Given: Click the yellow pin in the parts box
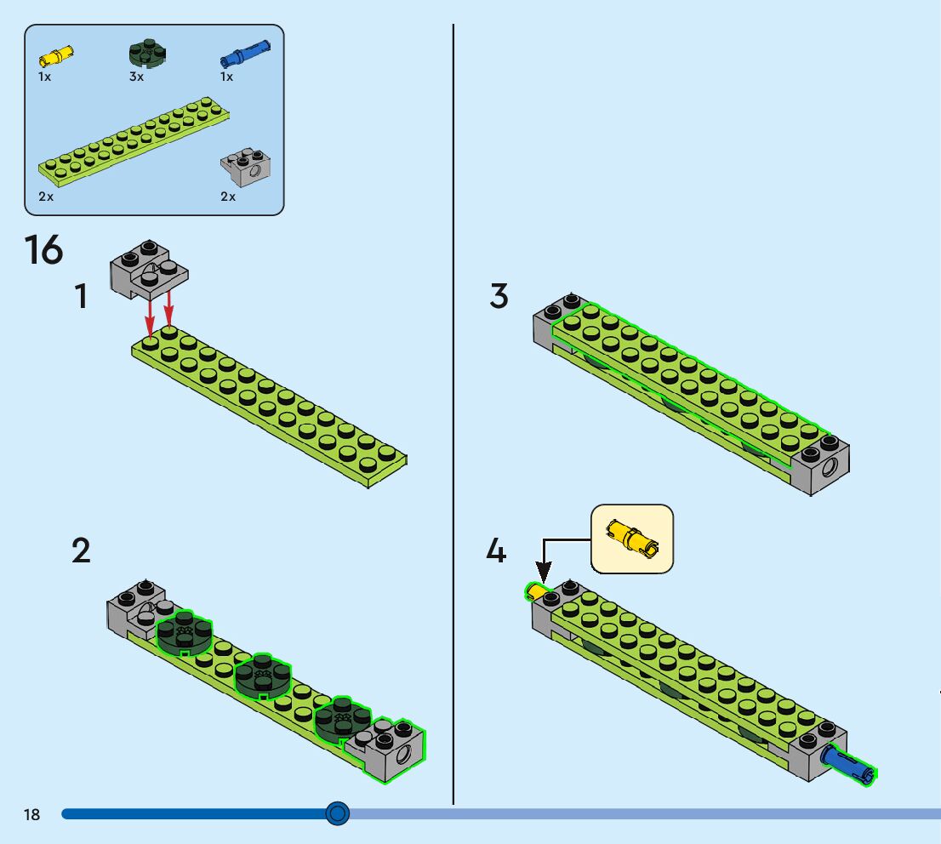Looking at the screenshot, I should coord(56,57).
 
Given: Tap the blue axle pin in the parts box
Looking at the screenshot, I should coord(245,55).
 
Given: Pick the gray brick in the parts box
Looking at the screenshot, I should coord(246,169).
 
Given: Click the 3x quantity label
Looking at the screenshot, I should coord(136,77).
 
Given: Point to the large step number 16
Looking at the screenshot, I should coord(43,250).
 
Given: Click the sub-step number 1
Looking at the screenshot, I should coord(81,297).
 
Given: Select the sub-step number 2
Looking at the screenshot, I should coord(81,551).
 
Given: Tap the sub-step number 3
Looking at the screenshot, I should coord(499,297).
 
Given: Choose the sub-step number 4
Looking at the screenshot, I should coord(496,551).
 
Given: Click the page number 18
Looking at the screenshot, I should coord(31,815).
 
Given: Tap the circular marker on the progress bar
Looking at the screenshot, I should coord(338,814).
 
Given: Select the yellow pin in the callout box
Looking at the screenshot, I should coord(631,539).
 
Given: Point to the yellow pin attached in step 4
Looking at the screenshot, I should coord(536,591).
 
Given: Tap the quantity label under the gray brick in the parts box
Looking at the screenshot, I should coord(228,197).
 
